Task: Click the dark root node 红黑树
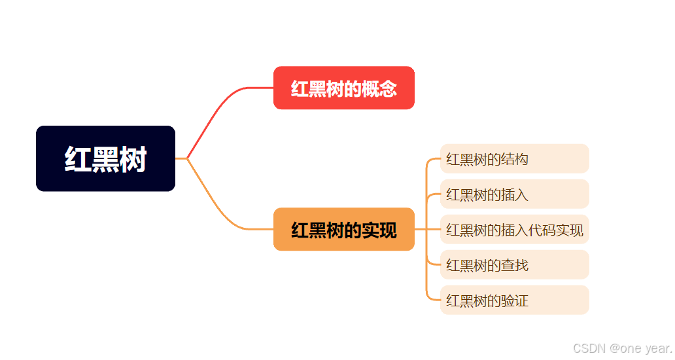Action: click(105, 158)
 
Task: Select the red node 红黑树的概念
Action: click(343, 88)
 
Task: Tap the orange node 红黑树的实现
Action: click(343, 229)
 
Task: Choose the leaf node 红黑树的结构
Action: click(514, 158)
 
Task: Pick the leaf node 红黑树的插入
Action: click(514, 194)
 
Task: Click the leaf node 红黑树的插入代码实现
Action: click(514, 229)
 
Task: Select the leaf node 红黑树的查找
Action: click(514, 264)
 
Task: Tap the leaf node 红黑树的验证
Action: click(514, 300)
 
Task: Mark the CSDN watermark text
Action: click(622, 348)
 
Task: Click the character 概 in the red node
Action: click(370, 88)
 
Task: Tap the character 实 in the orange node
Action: click(370, 230)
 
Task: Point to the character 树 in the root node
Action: click(133, 159)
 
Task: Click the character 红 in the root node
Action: click(78, 159)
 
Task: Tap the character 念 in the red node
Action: click(388, 88)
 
